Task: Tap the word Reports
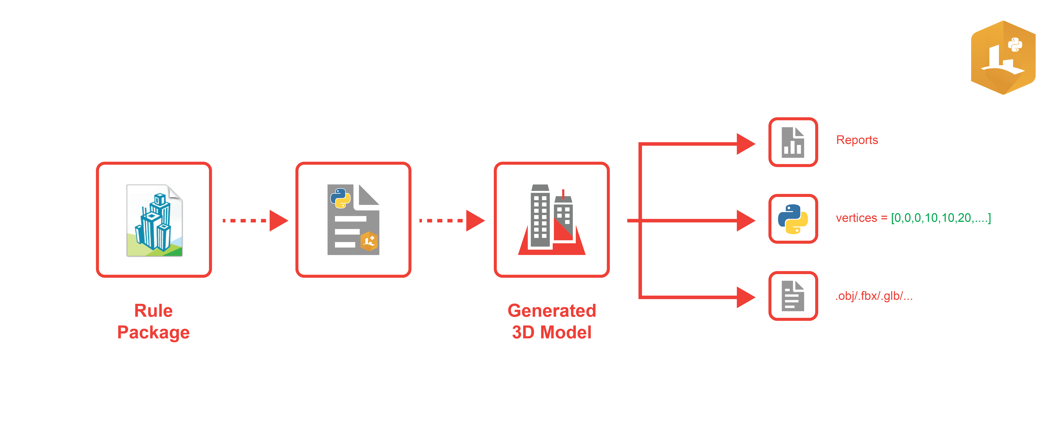coord(857,140)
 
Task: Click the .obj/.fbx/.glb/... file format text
coord(874,296)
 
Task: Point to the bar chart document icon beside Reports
coord(793,142)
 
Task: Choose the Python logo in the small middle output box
coord(793,219)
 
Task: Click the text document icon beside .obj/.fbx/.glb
coord(793,296)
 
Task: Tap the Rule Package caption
coord(154,321)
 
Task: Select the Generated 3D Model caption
coord(552,321)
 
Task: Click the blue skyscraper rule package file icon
coord(154,220)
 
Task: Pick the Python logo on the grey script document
coord(340,198)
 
